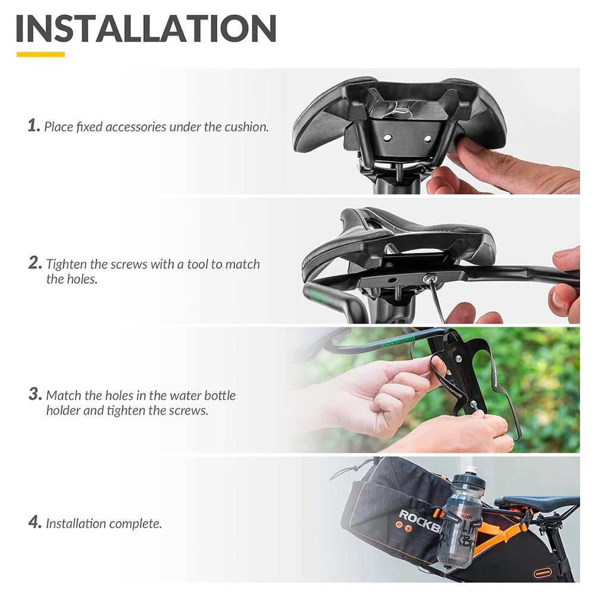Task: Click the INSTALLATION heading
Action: pos(146,28)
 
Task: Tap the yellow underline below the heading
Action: pos(40,54)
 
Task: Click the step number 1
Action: pos(33,126)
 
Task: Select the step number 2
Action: pos(35,263)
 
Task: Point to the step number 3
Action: pos(35,394)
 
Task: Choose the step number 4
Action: pos(35,523)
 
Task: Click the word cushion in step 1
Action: pos(245,127)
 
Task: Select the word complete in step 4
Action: pos(136,524)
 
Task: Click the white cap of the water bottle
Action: pos(471,470)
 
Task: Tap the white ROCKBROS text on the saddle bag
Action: pos(419,516)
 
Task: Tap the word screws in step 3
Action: pos(190,411)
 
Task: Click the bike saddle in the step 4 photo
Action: pos(535,501)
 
